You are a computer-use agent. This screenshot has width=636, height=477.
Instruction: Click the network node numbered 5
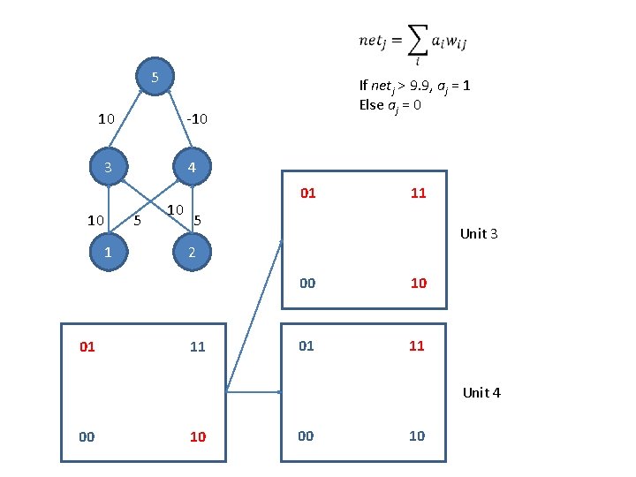(155, 78)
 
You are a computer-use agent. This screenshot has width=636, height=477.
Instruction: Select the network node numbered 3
(107, 168)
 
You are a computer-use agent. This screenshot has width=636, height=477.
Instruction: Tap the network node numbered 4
(192, 168)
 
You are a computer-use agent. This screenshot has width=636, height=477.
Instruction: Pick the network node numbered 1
(107, 251)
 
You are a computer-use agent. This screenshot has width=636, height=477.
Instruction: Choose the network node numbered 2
(192, 251)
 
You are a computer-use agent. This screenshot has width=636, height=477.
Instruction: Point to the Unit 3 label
(480, 234)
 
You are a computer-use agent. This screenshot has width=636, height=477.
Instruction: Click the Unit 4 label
(481, 392)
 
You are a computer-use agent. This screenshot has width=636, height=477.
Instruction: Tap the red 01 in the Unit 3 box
(307, 193)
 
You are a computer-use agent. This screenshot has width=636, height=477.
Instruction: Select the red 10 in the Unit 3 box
(419, 283)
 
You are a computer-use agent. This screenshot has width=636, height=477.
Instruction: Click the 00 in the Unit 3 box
(307, 283)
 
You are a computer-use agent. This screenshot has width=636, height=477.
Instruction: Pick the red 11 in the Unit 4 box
(417, 346)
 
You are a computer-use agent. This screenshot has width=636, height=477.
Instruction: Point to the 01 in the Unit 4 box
(306, 346)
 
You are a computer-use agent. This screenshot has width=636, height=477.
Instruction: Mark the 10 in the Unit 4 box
(417, 435)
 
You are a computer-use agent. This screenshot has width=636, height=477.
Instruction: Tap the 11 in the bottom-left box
(198, 347)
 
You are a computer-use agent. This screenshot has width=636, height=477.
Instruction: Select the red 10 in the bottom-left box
(198, 436)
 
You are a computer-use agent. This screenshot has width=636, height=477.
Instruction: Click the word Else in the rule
(371, 104)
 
